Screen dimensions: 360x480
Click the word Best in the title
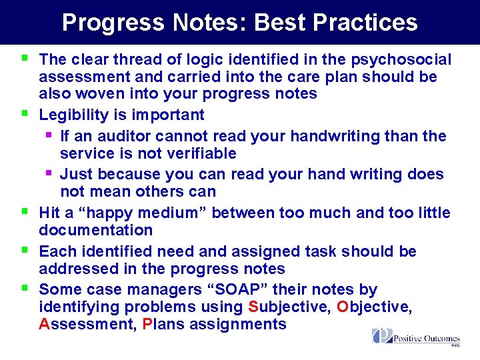tap(281, 22)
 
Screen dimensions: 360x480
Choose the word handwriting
tap(361, 136)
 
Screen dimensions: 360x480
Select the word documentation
tap(95, 230)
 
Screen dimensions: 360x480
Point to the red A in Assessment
tap(45, 325)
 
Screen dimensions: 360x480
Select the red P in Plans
tap(148, 325)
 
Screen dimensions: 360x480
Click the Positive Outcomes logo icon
tap(382, 335)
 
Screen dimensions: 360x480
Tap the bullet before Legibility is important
tap(25, 113)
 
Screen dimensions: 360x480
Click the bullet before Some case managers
tap(25, 289)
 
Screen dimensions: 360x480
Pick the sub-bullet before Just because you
tap(48, 173)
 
